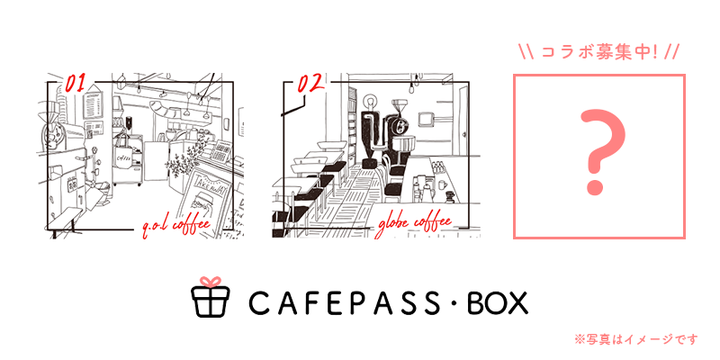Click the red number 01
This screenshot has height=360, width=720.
pyautogui.click(x=76, y=83)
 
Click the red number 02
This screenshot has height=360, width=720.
pyautogui.click(x=311, y=84)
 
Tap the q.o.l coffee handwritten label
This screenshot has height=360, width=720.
pyautogui.click(x=175, y=227)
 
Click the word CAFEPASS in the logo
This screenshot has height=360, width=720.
pyautogui.click(x=347, y=302)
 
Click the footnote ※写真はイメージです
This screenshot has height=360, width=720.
pyautogui.click(x=635, y=339)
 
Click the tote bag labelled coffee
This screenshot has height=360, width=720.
pyautogui.click(x=123, y=154)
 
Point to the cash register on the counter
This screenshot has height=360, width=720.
pyautogui.click(x=221, y=150)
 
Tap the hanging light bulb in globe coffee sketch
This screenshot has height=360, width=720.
pyautogui.click(x=418, y=82)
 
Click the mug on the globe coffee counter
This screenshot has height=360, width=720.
pyautogui.click(x=441, y=184)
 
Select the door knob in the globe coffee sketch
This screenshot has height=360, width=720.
pyautogui.click(x=465, y=133)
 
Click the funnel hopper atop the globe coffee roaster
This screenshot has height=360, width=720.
pyautogui.click(x=400, y=105)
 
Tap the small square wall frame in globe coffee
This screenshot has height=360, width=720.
pyautogui.click(x=427, y=118)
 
